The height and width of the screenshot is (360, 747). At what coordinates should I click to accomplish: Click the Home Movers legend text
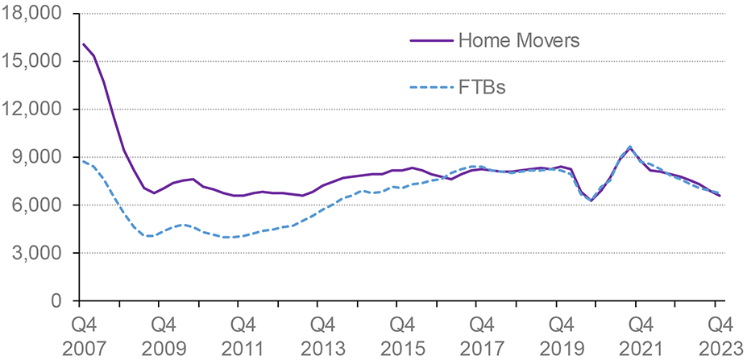[x=518, y=40]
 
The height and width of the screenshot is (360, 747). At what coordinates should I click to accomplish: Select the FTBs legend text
[x=481, y=87]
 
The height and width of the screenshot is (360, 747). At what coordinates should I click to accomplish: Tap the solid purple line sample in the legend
[x=430, y=40]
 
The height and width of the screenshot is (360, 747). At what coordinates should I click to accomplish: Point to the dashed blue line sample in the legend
[x=430, y=87]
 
